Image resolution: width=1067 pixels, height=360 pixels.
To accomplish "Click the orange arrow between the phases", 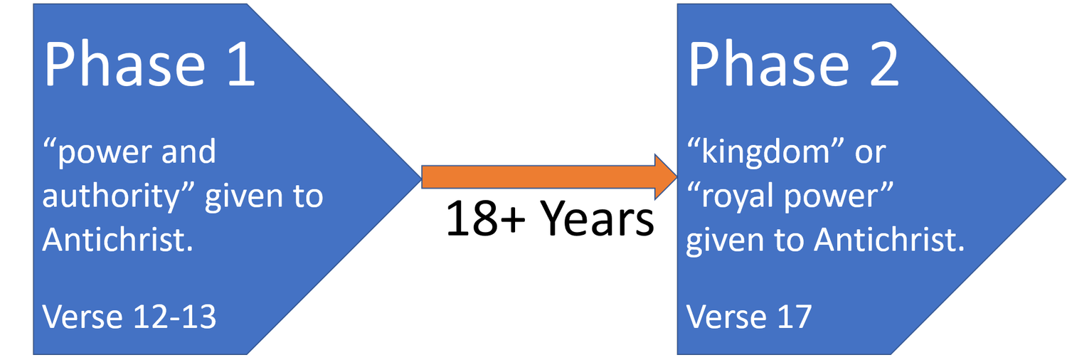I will (x=548, y=177).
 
